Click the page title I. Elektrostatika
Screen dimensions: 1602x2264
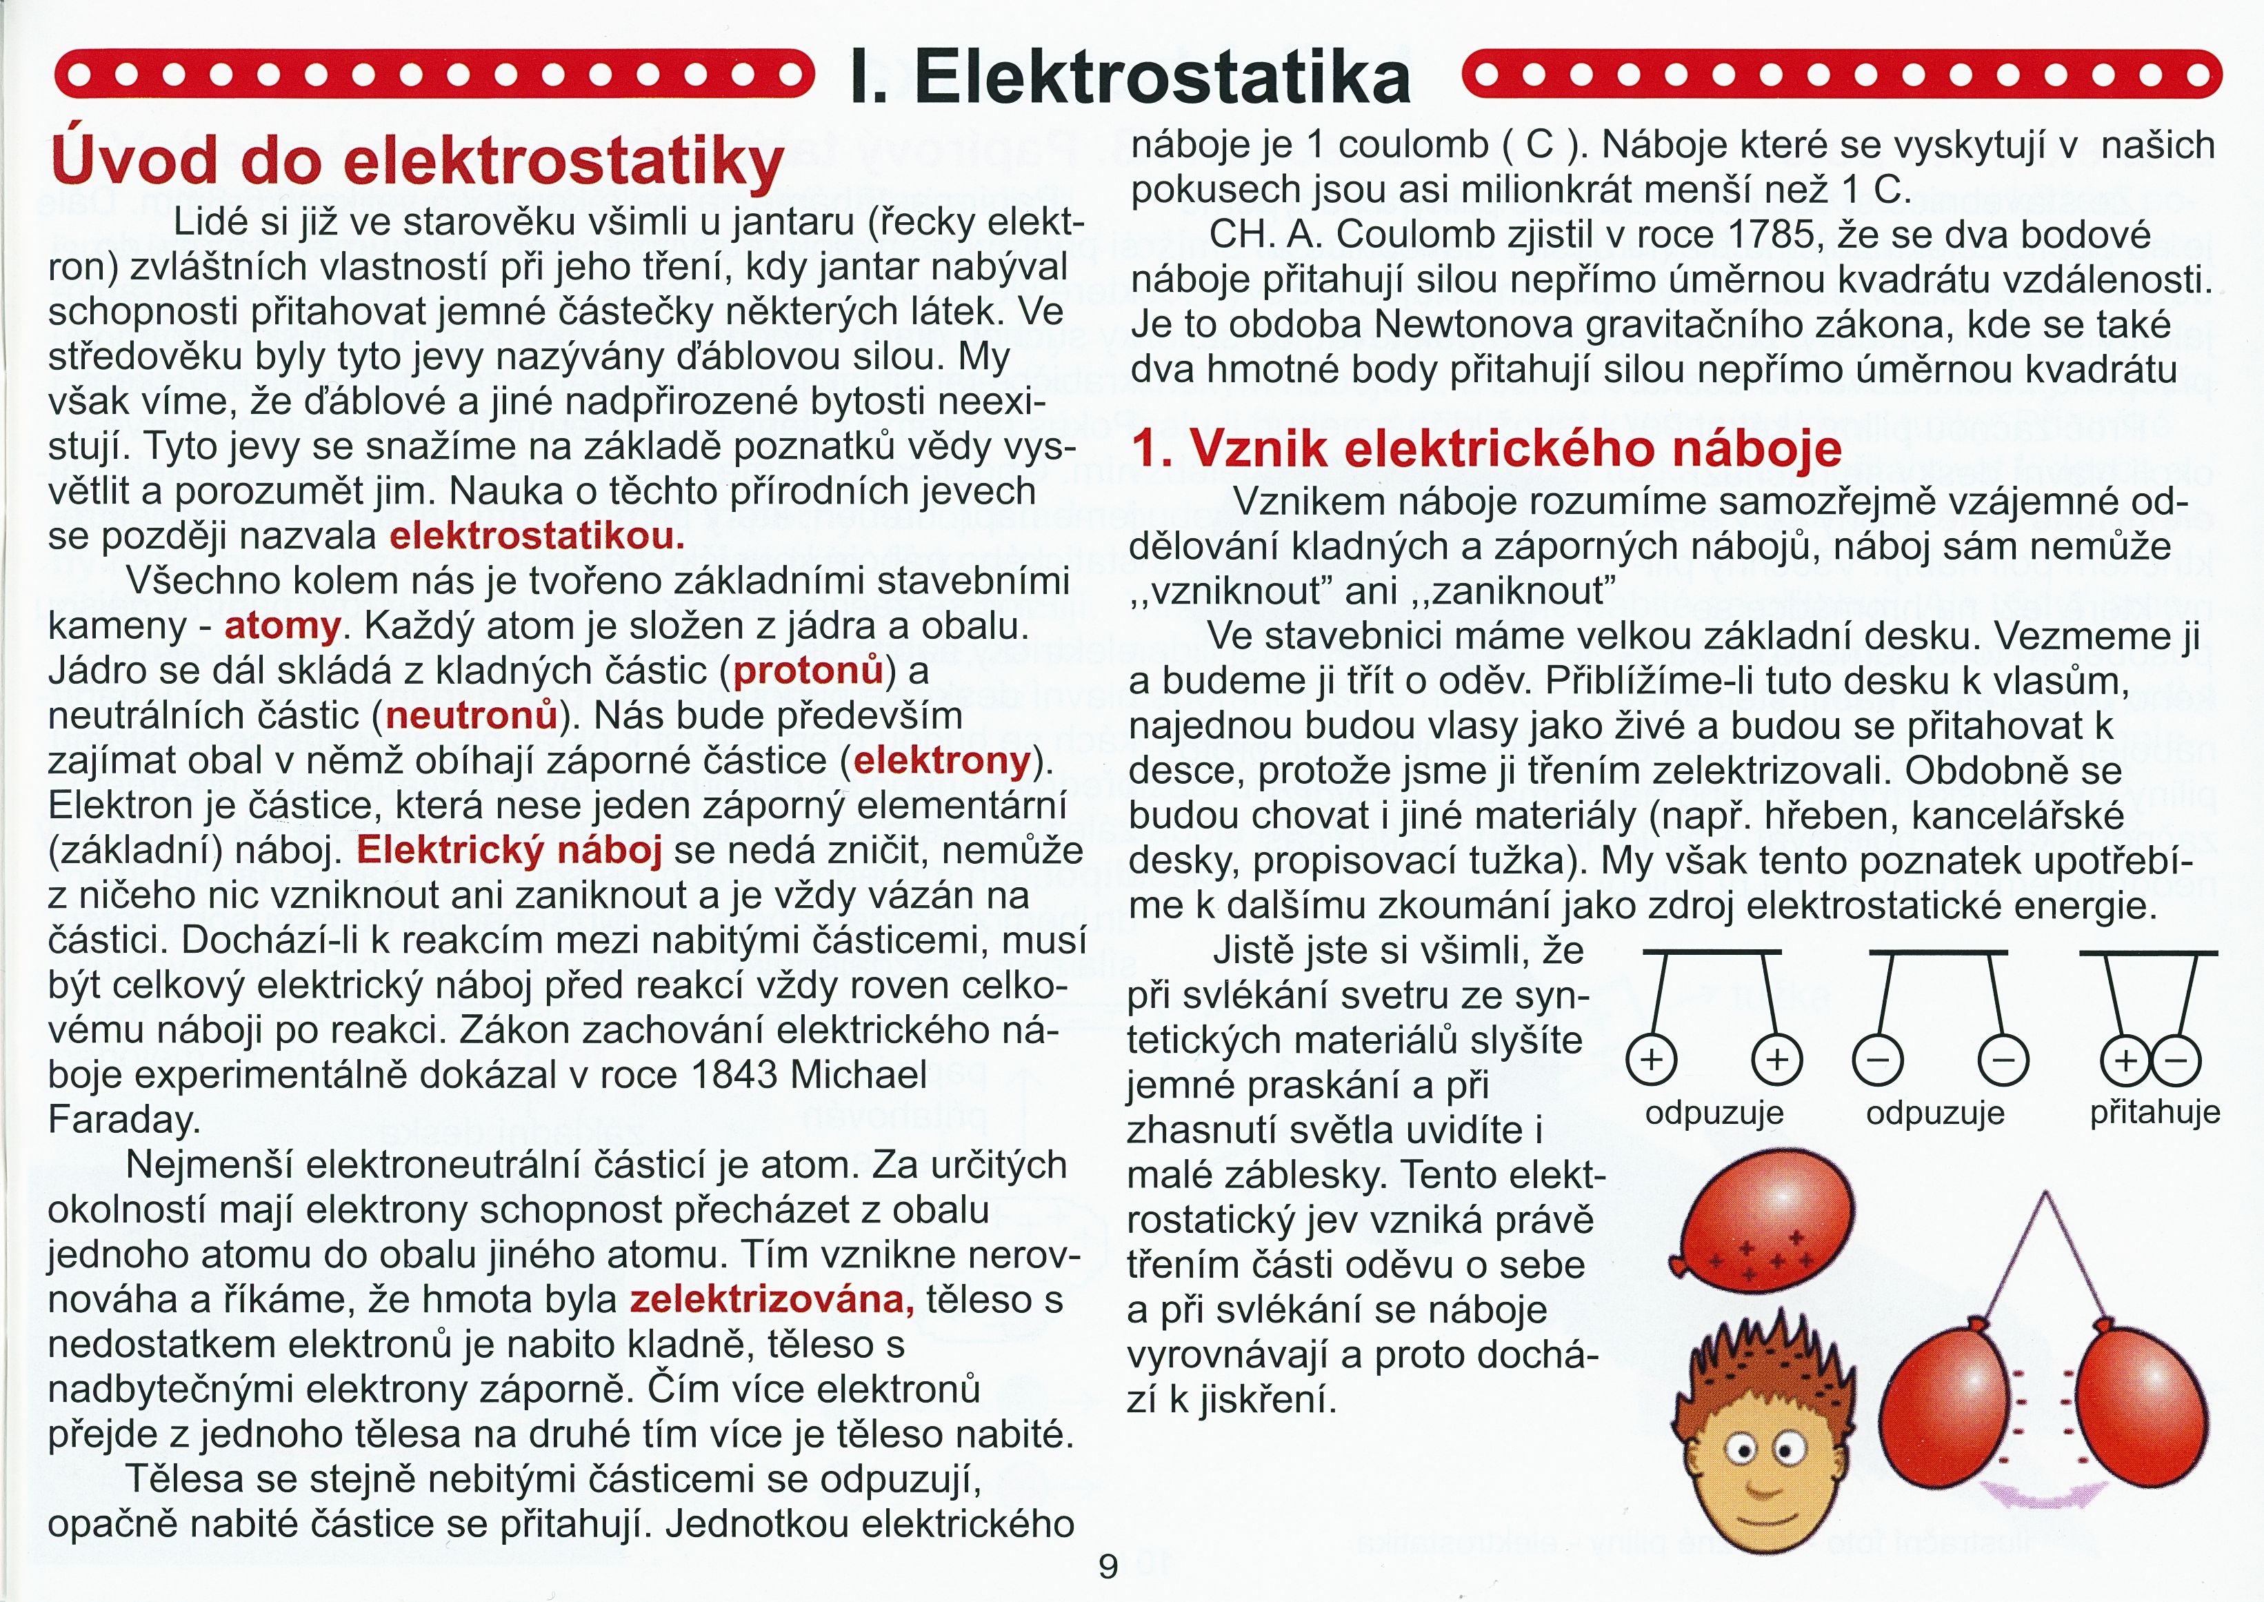click(1130, 77)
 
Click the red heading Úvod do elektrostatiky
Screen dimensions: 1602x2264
click(416, 161)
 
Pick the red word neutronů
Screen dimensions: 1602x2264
click(471, 716)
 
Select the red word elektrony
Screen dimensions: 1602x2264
click(942, 760)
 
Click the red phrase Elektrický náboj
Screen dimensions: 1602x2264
click(509, 850)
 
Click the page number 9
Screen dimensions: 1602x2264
click(1108, 1565)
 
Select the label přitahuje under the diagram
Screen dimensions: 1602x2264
click(2154, 1113)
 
